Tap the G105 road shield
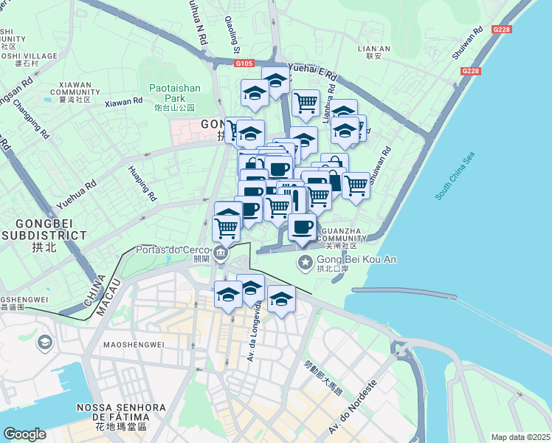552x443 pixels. click(x=246, y=64)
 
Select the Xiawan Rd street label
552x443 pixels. click(x=124, y=103)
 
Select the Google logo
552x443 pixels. click(x=24, y=433)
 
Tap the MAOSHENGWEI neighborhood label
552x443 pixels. click(x=133, y=344)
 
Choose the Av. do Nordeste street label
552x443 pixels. click(x=353, y=407)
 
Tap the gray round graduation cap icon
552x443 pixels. click(x=45, y=343)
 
